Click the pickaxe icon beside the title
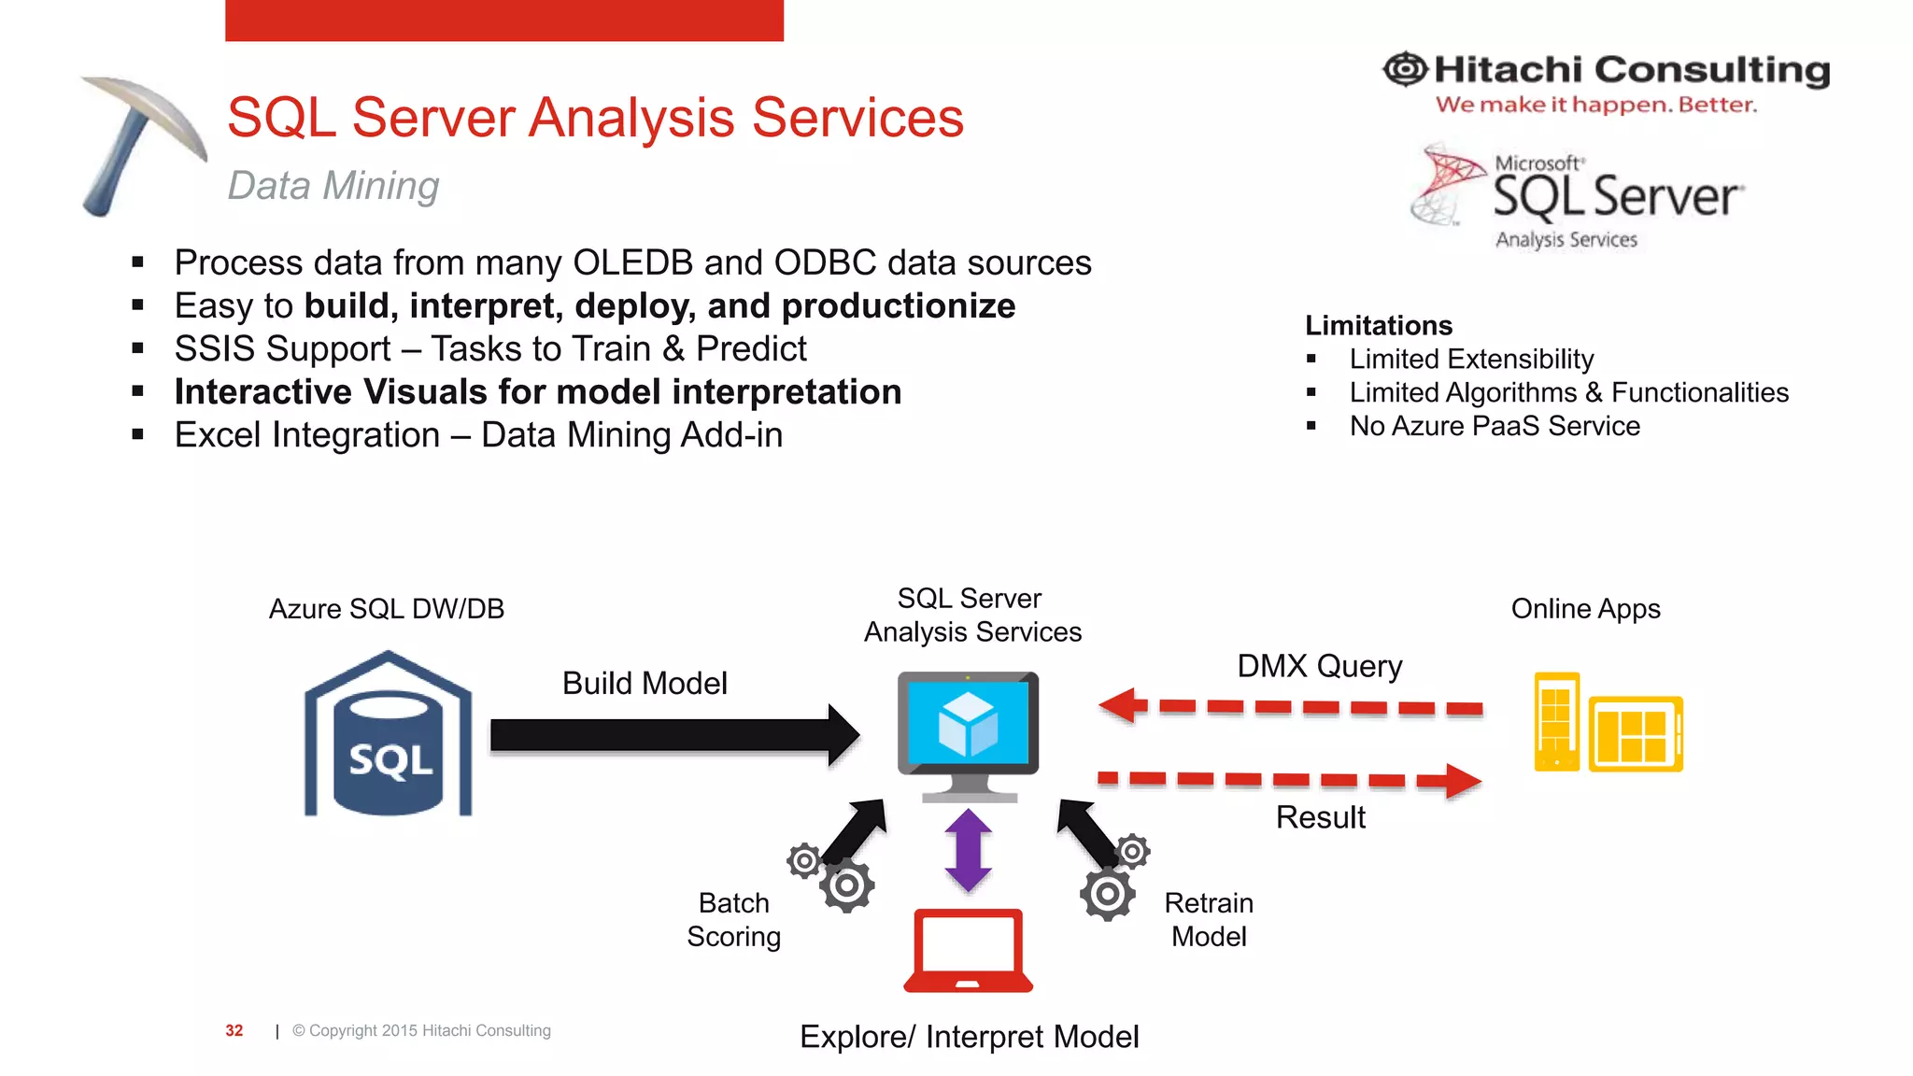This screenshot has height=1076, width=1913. [x=140, y=140]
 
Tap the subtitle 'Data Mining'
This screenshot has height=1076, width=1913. [x=333, y=186]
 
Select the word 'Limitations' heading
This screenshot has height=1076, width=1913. [x=1379, y=325]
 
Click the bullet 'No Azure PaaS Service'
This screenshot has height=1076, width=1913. [x=1495, y=426]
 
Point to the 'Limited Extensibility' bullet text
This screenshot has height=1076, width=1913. [x=1471, y=359]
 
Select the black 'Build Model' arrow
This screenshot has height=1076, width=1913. [x=673, y=735]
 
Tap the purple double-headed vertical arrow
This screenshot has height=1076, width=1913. [x=969, y=850]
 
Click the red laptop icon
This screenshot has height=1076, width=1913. [x=969, y=951]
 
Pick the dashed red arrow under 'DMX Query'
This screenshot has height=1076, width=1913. [x=1289, y=706]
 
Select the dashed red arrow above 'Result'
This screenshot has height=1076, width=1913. [x=1289, y=779]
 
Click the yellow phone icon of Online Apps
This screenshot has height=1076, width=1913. [x=1556, y=721]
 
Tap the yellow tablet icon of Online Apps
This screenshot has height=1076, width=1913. [x=1636, y=734]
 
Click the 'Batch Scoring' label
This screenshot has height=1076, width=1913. [x=734, y=920]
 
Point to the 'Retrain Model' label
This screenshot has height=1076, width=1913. [x=1209, y=920]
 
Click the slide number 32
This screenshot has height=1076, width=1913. [x=234, y=1030]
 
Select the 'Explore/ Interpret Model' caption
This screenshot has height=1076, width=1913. [x=969, y=1037]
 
